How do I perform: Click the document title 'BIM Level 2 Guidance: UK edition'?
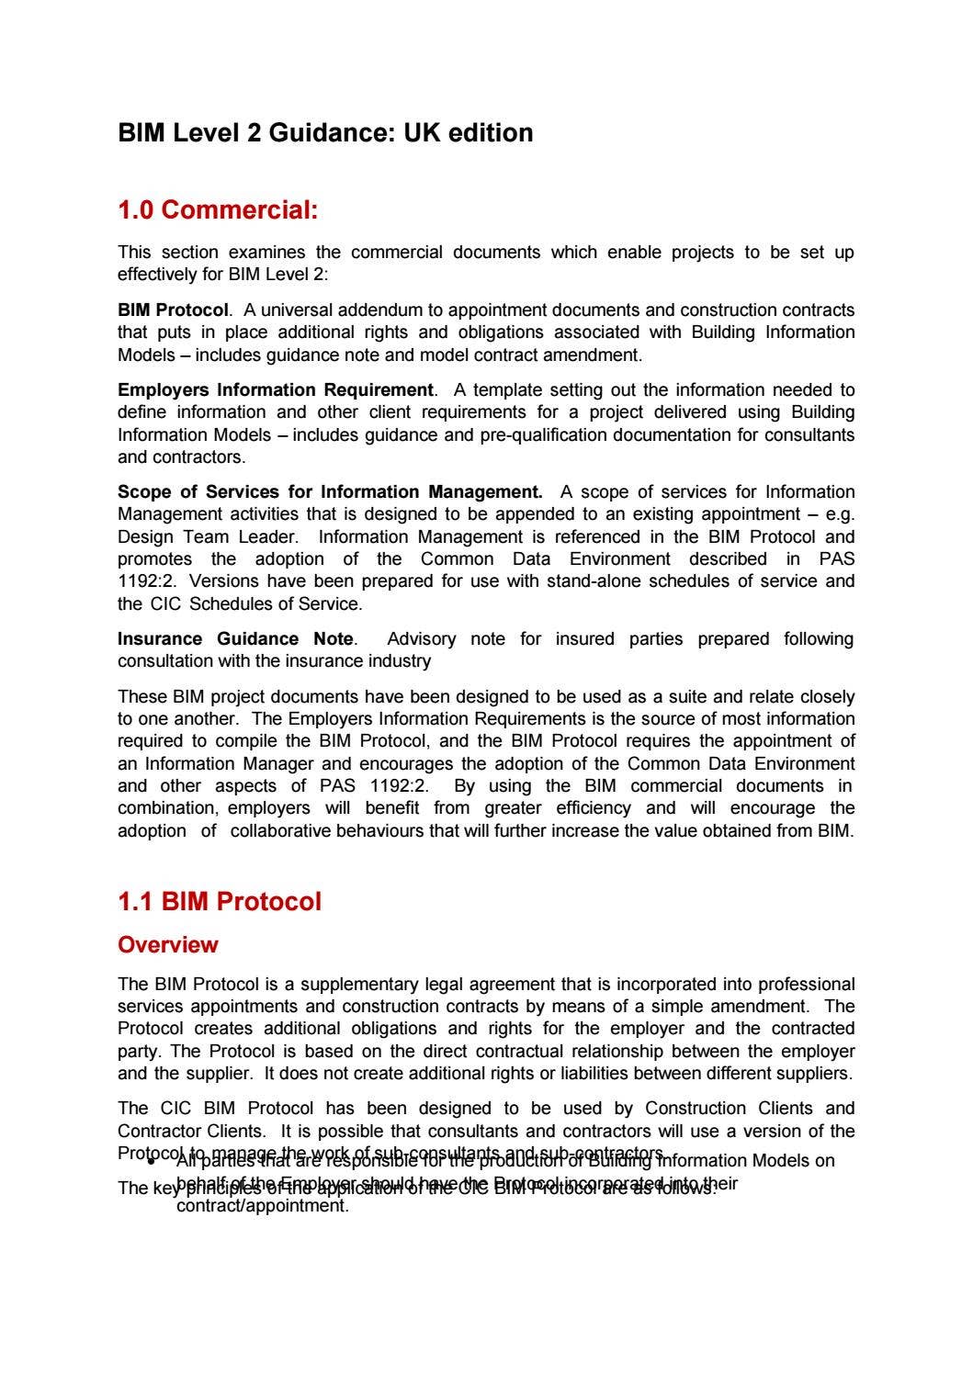click(x=325, y=133)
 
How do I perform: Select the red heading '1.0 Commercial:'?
click(x=218, y=210)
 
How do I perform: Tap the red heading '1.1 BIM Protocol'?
click(x=220, y=901)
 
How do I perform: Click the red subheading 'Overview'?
click(x=168, y=944)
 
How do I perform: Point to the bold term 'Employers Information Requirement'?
click(x=275, y=389)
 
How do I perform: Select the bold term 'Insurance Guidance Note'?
click(x=235, y=638)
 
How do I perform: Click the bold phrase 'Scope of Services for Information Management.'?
click(x=330, y=491)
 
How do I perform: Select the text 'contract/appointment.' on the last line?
click(x=262, y=1206)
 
